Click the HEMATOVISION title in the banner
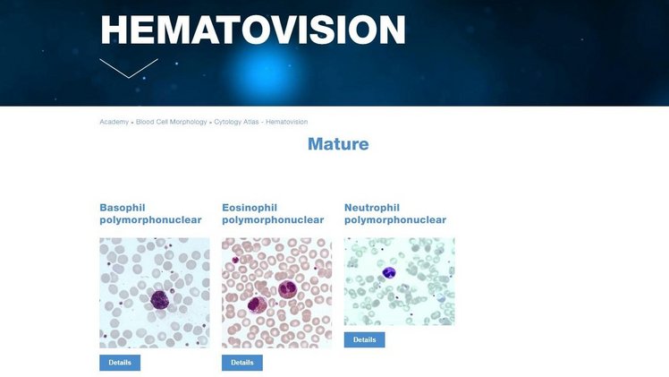253,30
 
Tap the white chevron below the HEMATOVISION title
129,68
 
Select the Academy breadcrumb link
114,121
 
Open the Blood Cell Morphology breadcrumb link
172,121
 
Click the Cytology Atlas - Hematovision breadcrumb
261,121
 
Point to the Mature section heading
337,143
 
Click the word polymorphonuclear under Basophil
144,220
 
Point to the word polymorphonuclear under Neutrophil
394,220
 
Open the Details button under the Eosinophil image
242,363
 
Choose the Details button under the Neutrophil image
364,340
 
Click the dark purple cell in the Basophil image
160,298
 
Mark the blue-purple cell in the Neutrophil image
388,272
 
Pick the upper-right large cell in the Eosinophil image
287,289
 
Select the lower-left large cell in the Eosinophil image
254,304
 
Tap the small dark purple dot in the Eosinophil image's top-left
235,261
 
